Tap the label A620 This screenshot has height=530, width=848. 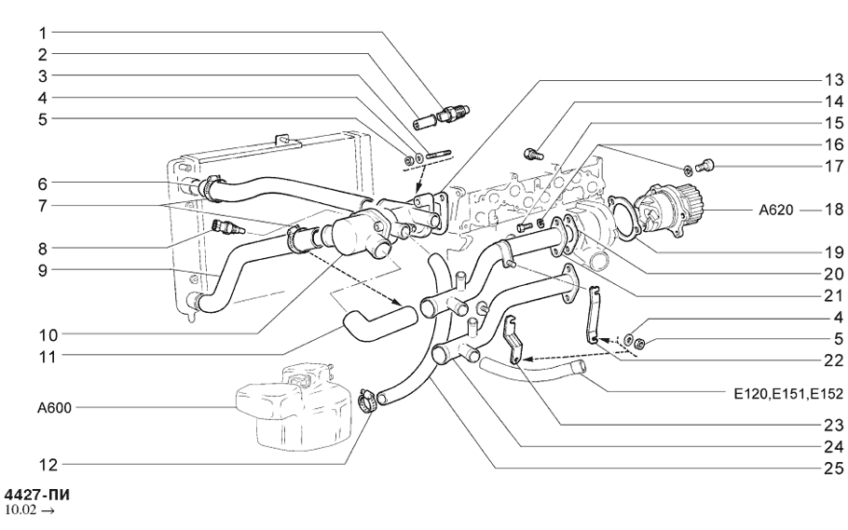775,210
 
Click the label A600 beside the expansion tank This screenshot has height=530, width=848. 53,407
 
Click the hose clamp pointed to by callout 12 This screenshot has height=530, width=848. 366,402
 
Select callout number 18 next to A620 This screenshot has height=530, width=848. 827,210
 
